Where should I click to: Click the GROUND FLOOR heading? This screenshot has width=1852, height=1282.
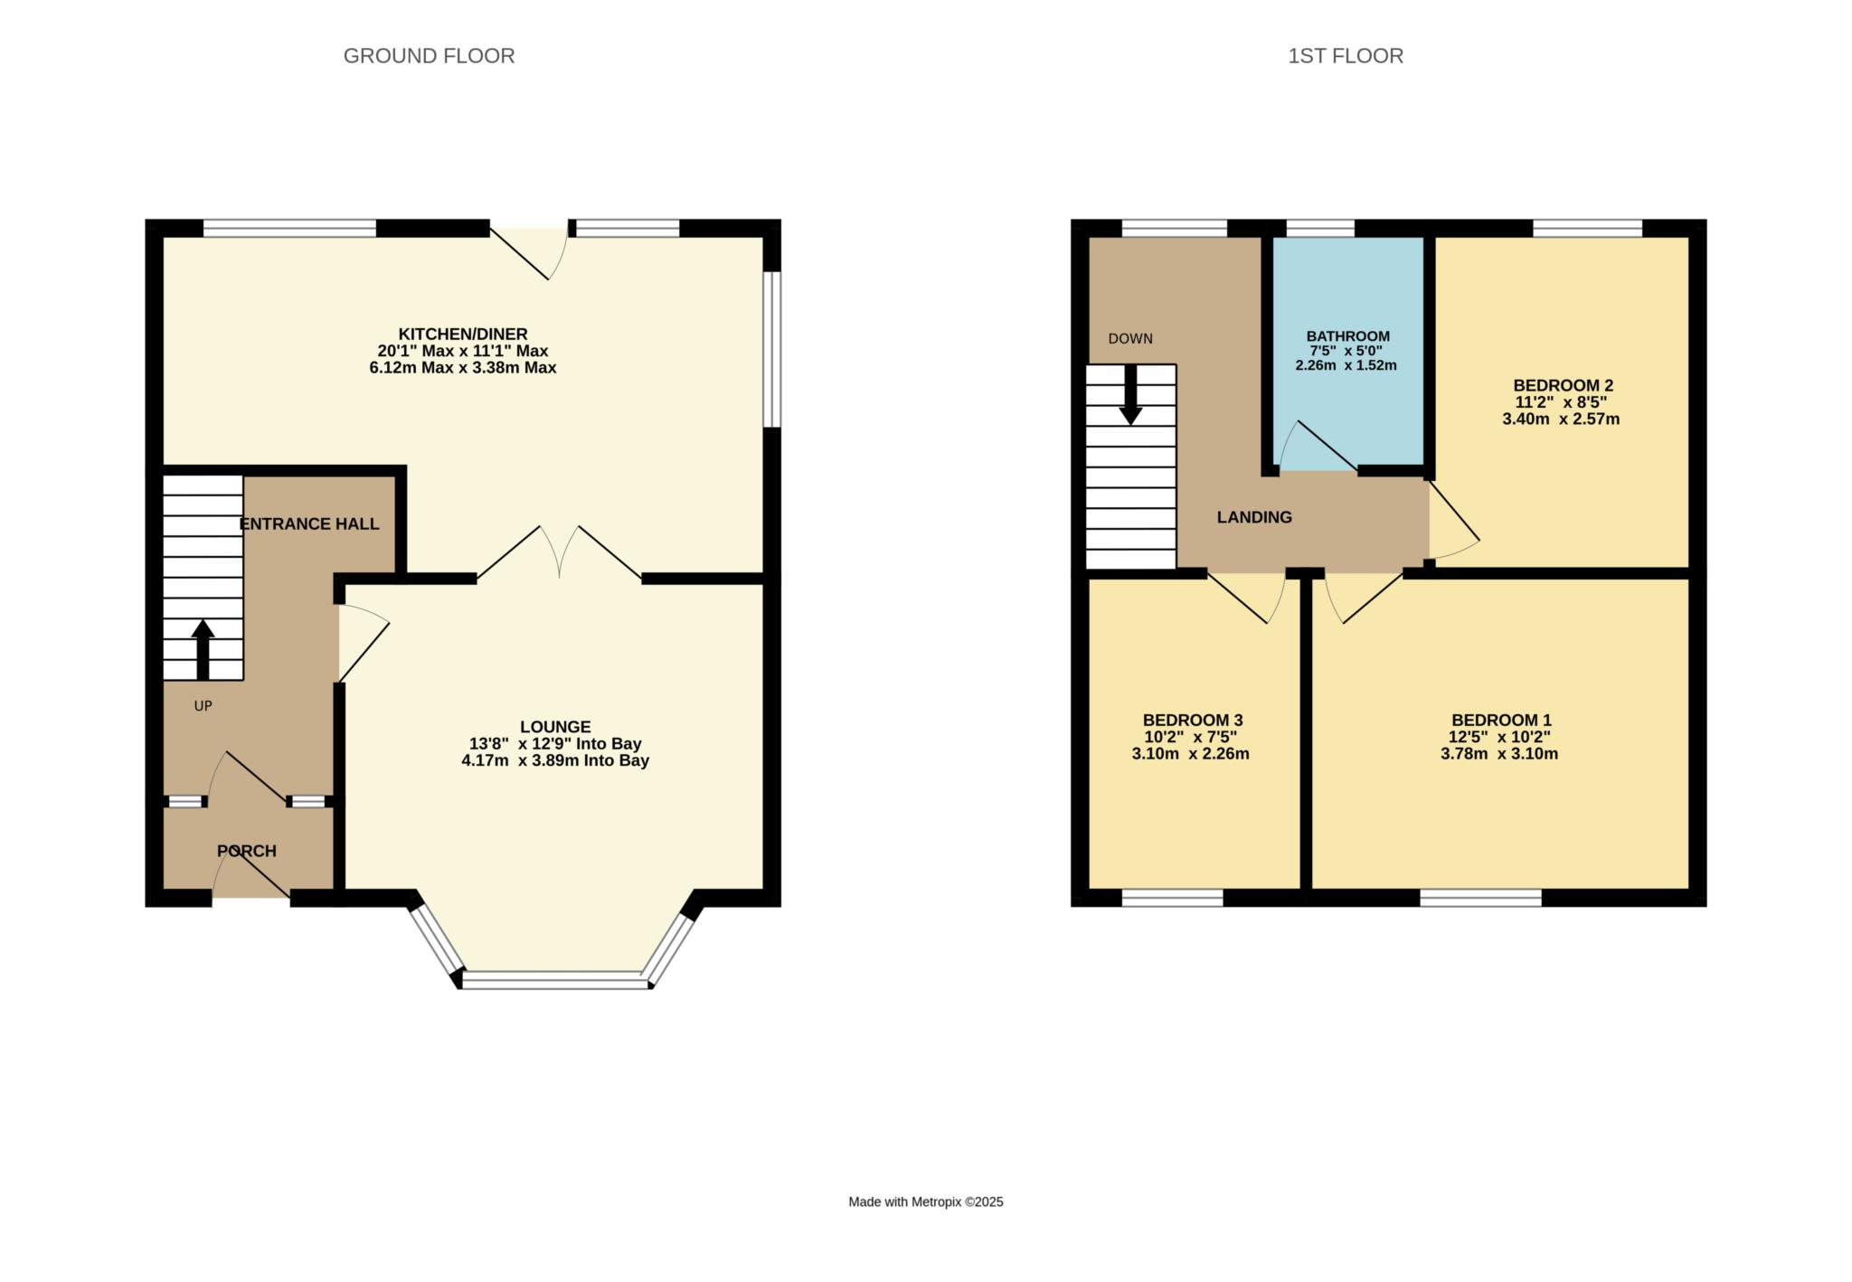pyautogui.click(x=429, y=56)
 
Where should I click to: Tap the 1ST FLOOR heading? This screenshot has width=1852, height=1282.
pyautogui.click(x=1346, y=56)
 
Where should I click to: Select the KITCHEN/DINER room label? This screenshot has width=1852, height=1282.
pyautogui.click(x=463, y=335)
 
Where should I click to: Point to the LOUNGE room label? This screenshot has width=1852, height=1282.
pyautogui.click(x=555, y=727)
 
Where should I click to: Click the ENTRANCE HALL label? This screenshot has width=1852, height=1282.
pyautogui.click(x=309, y=524)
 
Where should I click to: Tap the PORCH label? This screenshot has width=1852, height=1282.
pyautogui.click(x=247, y=851)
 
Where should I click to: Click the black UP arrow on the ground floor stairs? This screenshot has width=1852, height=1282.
pyautogui.click(x=203, y=649)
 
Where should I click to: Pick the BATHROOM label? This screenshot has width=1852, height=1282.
pyautogui.click(x=1347, y=336)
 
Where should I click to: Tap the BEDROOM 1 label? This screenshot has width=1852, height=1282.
pyautogui.click(x=1501, y=720)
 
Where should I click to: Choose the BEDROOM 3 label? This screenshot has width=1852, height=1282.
pyautogui.click(x=1193, y=720)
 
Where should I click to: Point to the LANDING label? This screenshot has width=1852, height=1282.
pyautogui.click(x=1254, y=517)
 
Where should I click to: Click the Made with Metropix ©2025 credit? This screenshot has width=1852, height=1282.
pyautogui.click(x=926, y=1202)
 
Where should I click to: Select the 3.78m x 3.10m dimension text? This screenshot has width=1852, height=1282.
pyautogui.click(x=1499, y=754)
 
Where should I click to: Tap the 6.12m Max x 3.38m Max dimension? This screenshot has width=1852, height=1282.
pyautogui.click(x=463, y=368)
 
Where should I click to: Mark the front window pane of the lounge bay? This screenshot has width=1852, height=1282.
pyautogui.click(x=555, y=980)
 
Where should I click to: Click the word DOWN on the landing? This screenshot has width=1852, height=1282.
pyautogui.click(x=1130, y=339)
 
